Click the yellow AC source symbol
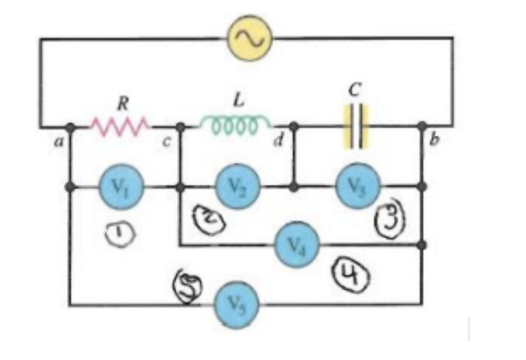250,38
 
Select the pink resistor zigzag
120,127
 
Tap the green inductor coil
236,125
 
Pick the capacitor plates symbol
356,127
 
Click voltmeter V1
121,187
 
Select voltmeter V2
238,186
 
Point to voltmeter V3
357,185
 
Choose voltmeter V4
297,245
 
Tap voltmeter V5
236,304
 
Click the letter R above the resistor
123,103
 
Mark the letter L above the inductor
238,100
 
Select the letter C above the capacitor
355,89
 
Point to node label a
59,142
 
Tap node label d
278,140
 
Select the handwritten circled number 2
208,217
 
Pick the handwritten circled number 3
390,219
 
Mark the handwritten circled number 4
350,274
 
